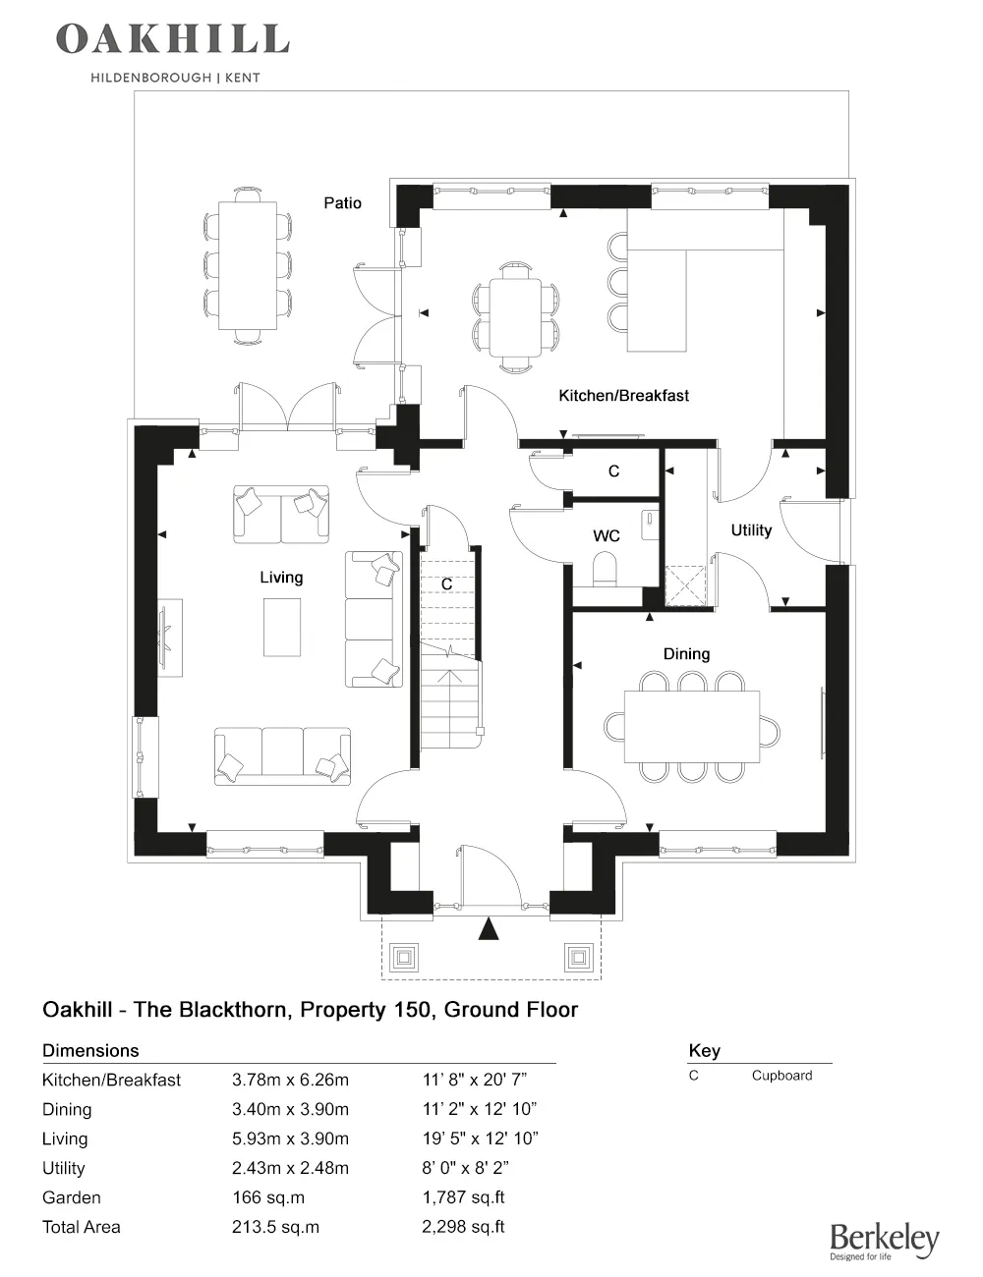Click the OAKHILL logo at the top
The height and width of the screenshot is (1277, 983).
(x=173, y=39)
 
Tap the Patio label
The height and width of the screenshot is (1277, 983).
(x=343, y=203)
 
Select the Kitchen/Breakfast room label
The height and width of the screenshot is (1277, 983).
(x=623, y=396)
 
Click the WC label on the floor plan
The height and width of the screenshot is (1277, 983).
(x=607, y=536)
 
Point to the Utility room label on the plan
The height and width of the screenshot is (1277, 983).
(x=751, y=530)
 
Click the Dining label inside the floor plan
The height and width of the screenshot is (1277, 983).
(x=686, y=654)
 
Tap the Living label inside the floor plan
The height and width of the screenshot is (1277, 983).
(x=281, y=578)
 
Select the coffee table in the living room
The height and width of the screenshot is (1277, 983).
(x=283, y=627)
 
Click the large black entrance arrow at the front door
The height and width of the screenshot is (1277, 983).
(x=489, y=928)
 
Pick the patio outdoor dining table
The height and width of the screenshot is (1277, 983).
(x=248, y=265)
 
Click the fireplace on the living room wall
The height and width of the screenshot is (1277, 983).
(x=168, y=638)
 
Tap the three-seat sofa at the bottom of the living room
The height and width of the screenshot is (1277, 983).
(x=283, y=755)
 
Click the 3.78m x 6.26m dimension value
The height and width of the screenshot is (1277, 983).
(x=290, y=1081)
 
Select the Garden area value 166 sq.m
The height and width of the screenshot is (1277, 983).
(x=268, y=1198)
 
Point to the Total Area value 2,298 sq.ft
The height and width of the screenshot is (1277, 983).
(x=463, y=1228)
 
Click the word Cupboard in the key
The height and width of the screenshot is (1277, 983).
(x=781, y=1076)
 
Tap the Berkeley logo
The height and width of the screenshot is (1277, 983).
(x=884, y=1242)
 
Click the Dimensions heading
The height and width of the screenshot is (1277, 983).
(x=90, y=1051)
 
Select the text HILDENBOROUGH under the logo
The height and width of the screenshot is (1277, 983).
(x=150, y=77)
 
